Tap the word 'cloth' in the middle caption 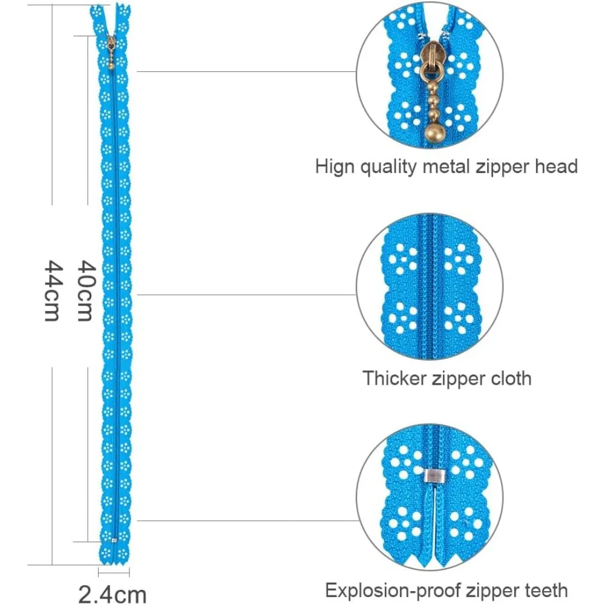click(506, 378)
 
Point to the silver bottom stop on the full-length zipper click(113, 538)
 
